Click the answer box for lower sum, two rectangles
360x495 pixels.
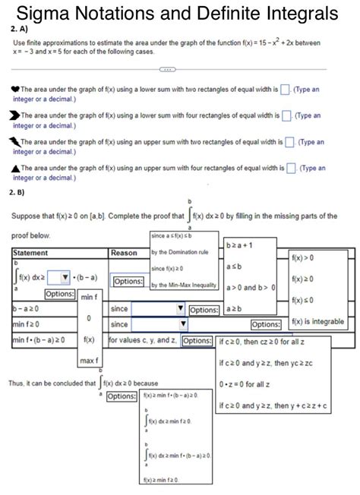(x=285, y=90)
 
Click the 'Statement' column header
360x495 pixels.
(x=31, y=252)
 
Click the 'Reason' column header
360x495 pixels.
(x=124, y=252)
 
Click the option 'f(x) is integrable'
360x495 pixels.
(x=318, y=322)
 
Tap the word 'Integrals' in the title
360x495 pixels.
(x=292, y=13)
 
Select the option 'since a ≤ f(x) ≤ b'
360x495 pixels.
(x=179, y=235)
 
